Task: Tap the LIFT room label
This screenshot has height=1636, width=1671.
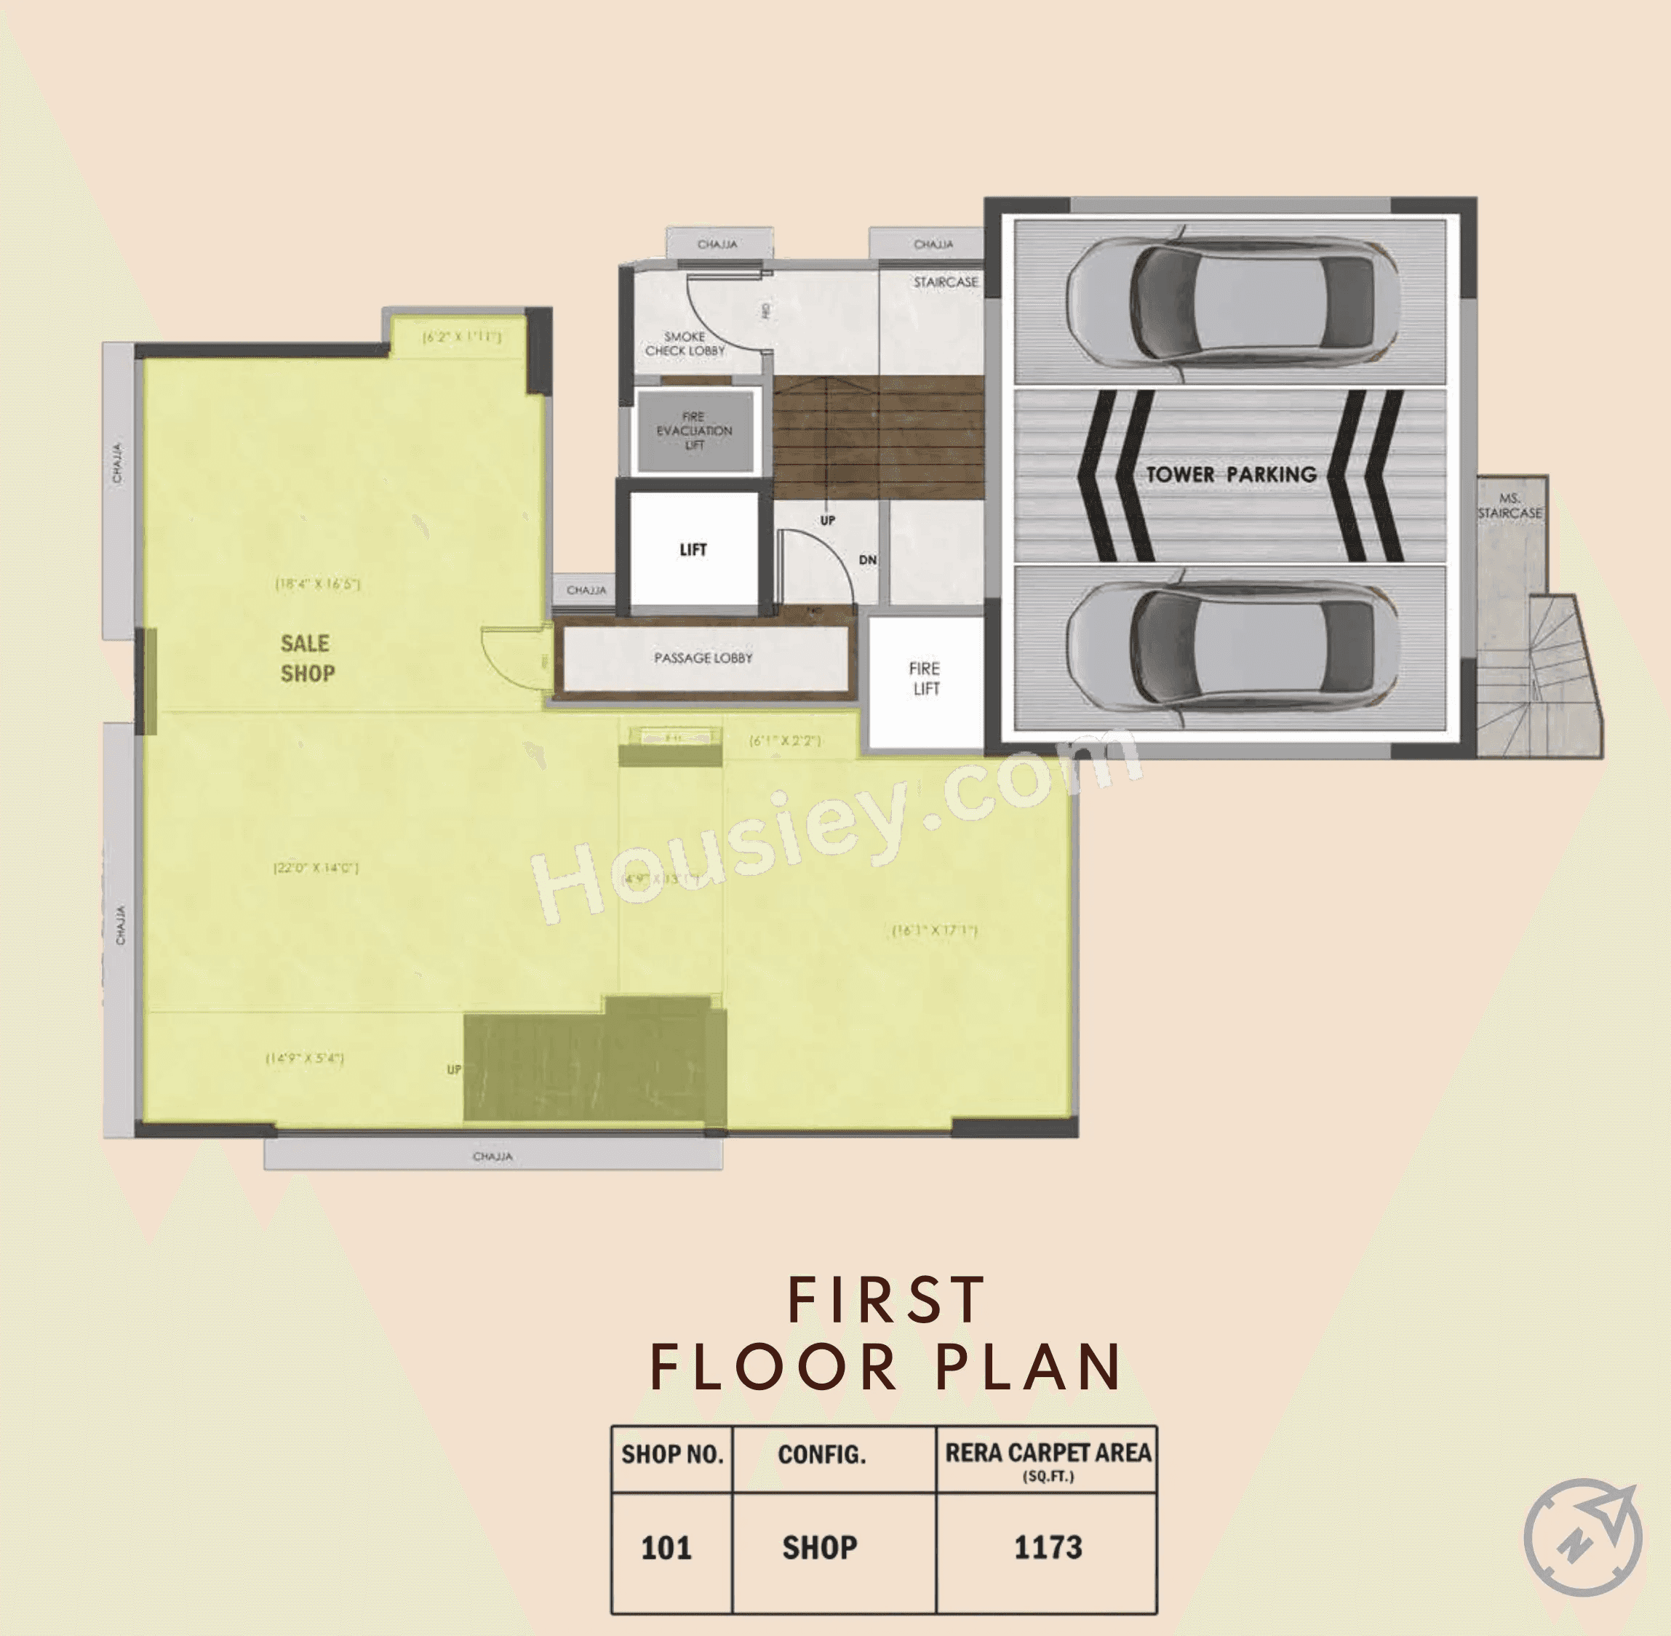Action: click(693, 550)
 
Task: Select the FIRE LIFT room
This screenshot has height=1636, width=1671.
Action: click(925, 679)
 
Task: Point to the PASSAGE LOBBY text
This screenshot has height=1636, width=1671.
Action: click(703, 658)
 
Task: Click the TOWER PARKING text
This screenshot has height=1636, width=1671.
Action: click(1230, 474)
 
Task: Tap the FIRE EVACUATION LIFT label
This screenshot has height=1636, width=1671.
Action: click(694, 431)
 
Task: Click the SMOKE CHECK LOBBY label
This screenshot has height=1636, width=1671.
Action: click(685, 343)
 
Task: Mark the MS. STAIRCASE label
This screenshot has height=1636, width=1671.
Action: click(1510, 506)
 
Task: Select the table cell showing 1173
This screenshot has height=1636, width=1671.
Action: click(1048, 1547)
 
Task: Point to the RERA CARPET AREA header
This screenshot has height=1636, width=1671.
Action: click(1048, 1453)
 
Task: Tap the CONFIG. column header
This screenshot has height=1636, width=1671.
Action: click(821, 1455)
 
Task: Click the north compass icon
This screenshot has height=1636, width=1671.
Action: click(1582, 1536)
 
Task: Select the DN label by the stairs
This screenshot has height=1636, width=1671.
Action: click(868, 560)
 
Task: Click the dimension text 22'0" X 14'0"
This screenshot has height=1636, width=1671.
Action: click(315, 868)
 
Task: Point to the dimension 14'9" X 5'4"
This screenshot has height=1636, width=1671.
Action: click(305, 1058)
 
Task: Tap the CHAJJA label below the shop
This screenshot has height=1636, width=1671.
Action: click(492, 1157)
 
